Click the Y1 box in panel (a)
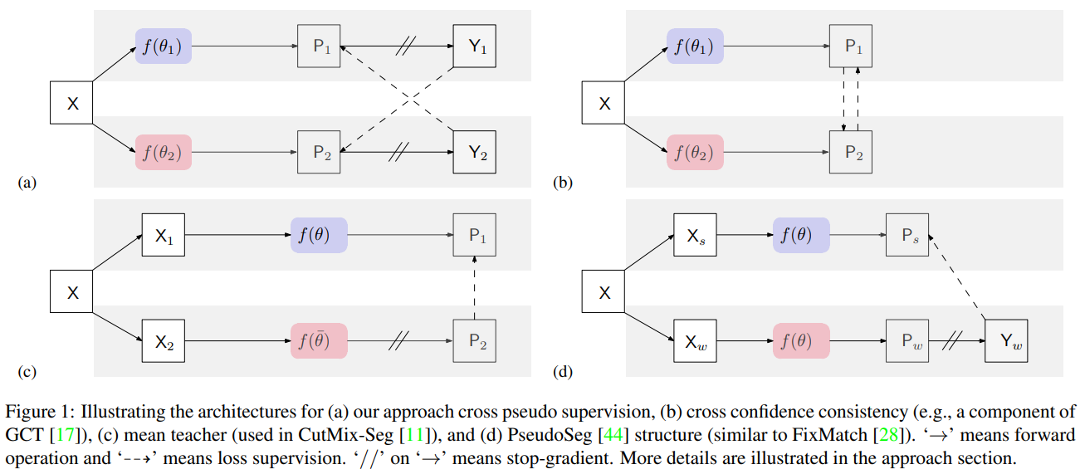(x=474, y=47)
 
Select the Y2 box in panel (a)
(x=474, y=153)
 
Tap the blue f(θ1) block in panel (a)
(x=163, y=46)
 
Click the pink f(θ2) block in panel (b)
(x=695, y=153)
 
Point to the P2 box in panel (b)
(x=851, y=153)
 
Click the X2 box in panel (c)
(x=163, y=340)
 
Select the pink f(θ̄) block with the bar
(x=319, y=340)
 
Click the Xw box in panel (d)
(x=695, y=340)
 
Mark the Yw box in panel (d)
(x=1006, y=340)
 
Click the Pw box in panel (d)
(x=907, y=340)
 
